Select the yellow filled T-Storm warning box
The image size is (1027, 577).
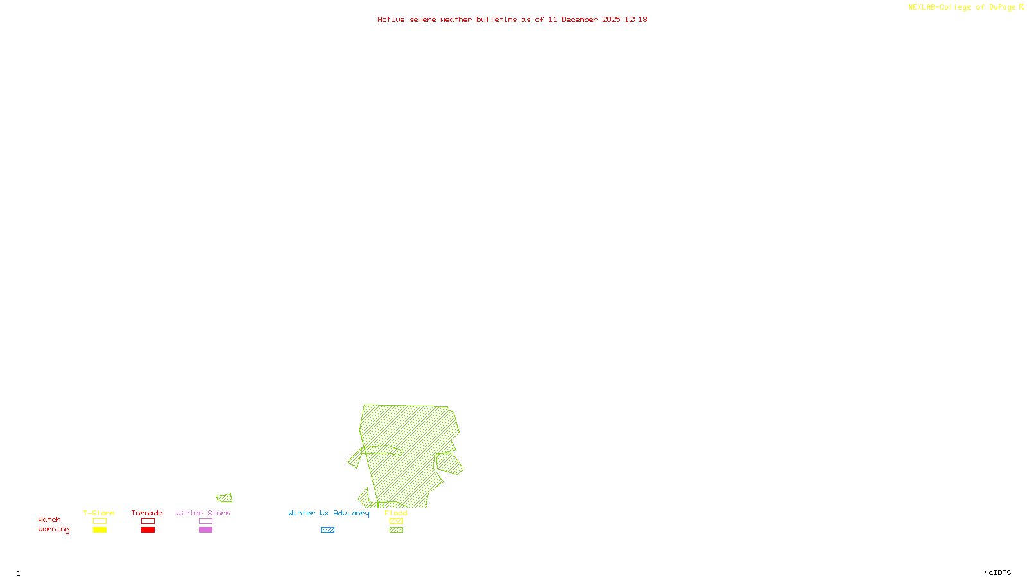pos(99,530)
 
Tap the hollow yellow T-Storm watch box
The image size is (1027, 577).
pos(99,521)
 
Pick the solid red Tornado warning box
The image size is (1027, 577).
pos(148,530)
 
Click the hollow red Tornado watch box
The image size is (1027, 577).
pos(148,521)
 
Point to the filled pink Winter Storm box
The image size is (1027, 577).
pos(205,530)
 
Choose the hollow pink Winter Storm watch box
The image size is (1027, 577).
pos(205,521)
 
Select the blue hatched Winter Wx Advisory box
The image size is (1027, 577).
pos(327,530)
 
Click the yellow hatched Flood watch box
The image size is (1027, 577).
pos(396,521)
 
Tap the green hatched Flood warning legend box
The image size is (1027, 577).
pos(396,530)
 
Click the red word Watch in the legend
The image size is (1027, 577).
pos(49,520)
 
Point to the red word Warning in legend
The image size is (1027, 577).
pos(53,530)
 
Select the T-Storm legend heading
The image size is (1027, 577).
pos(99,513)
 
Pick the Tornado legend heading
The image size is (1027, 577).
pos(147,513)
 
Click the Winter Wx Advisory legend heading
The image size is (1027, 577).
pos(329,513)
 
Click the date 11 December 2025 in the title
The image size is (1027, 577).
pos(584,19)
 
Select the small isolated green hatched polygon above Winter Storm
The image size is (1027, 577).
pos(225,498)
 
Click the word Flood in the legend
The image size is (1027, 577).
pos(396,513)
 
